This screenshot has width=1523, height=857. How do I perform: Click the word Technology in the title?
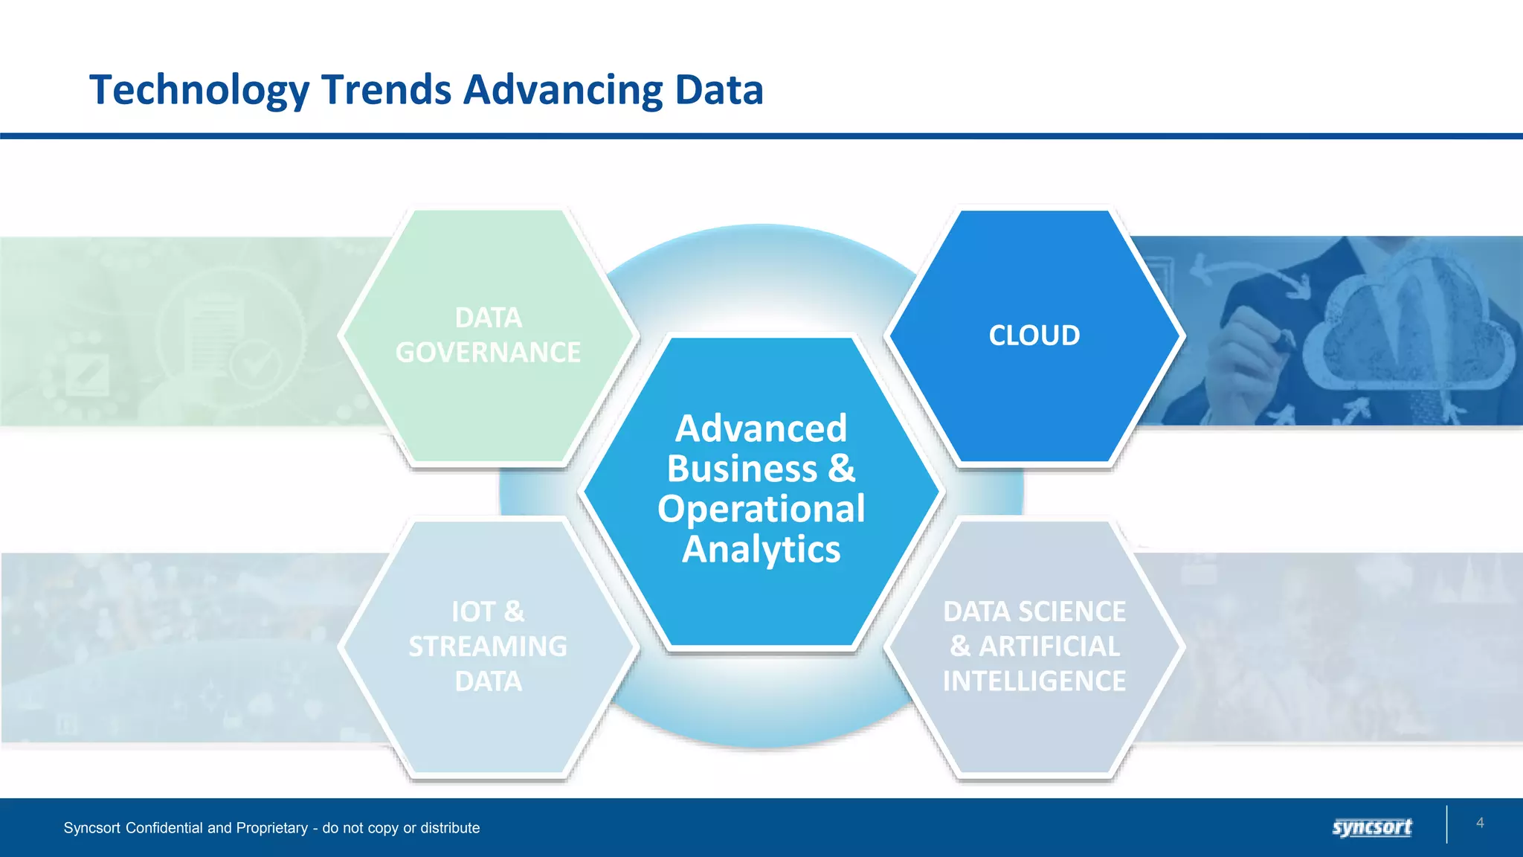click(x=199, y=91)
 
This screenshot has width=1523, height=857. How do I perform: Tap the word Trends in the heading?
click(x=386, y=91)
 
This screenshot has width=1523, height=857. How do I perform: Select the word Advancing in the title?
click(x=562, y=91)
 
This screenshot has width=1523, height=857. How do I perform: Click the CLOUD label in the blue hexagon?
click(x=1034, y=336)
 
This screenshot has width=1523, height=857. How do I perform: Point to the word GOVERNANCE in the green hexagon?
click(x=488, y=353)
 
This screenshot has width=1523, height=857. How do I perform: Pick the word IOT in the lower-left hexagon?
click(x=473, y=612)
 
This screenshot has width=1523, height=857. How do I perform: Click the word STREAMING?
click(x=488, y=646)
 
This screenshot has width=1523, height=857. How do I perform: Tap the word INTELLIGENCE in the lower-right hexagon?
click(x=1034, y=681)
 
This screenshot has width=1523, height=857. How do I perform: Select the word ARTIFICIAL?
click(x=1049, y=646)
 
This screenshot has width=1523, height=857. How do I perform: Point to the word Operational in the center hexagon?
click(x=761, y=510)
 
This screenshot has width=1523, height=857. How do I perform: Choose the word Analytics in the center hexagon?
click(x=761, y=550)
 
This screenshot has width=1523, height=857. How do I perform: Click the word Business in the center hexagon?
click(x=742, y=469)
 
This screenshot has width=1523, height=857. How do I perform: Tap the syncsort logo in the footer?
click(x=1372, y=827)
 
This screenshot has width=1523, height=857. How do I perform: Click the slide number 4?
click(x=1480, y=823)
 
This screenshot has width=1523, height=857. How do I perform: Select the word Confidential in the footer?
click(x=164, y=828)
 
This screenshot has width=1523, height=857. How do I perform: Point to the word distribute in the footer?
click(x=450, y=828)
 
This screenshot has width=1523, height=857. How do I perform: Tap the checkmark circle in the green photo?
click(x=255, y=365)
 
